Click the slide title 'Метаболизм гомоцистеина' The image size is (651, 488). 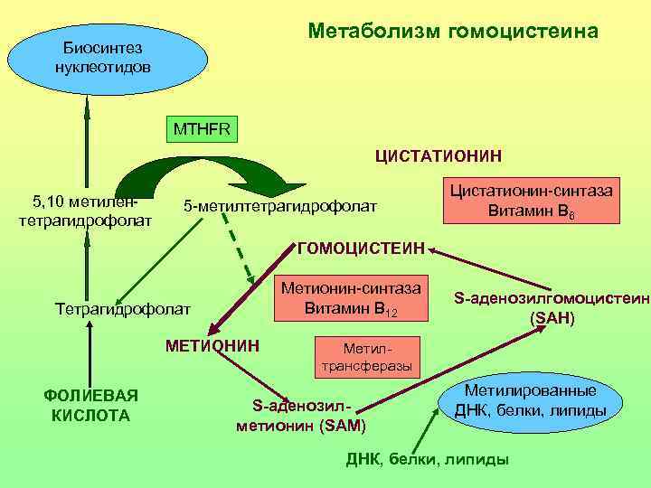452,32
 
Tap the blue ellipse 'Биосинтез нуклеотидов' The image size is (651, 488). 89,57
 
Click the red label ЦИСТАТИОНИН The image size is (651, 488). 439,156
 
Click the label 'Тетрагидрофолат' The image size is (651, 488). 123,309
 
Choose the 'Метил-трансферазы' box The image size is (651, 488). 366,356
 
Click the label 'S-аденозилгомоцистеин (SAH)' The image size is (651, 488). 552,307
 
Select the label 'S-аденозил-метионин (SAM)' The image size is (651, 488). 300,415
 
